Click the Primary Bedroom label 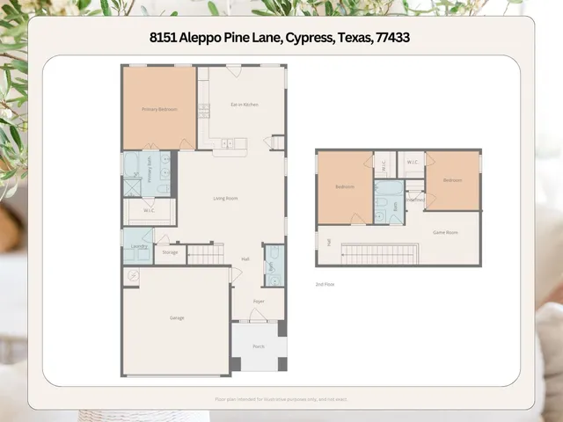click(x=159, y=109)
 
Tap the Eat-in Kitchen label click(x=245, y=105)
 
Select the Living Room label click(x=225, y=198)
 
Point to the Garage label click(x=177, y=317)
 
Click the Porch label click(x=259, y=346)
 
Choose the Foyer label click(x=259, y=302)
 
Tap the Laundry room click(x=138, y=247)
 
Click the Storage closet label click(x=170, y=253)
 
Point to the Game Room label click(x=445, y=232)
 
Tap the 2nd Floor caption click(x=325, y=284)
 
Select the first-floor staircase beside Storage click(x=206, y=254)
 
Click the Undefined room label click(x=415, y=199)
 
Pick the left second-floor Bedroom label click(x=345, y=186)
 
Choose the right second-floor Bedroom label click(x=452, y=179)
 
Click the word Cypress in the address click(x=305, y=39)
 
